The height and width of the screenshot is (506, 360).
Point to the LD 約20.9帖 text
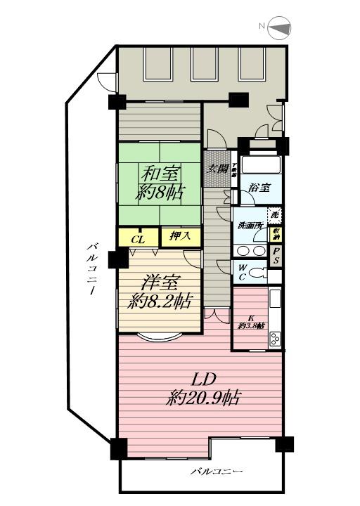pos(199,389)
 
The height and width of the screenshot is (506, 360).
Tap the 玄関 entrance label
pos(217,169)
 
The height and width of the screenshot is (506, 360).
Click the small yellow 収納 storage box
pos(278,234)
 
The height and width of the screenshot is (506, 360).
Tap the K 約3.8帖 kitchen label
pos(251,321)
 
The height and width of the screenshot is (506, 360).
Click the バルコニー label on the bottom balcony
pos(217,471)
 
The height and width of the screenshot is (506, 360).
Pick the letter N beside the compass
pos(261,27)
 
